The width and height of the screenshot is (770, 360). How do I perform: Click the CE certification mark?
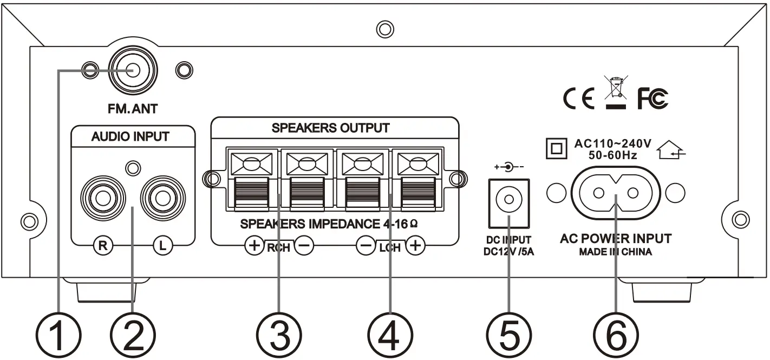pyautogui.click(x=579, y=99)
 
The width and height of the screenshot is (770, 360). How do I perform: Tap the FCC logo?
pyautogui.click(x=652, y=98)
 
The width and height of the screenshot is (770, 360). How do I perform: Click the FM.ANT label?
pyautogui.click(x=132, y=109)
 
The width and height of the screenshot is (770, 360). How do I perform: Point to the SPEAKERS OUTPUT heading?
pyautogui.click(x=330, y=128)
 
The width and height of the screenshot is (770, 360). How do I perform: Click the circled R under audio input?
pyautogui.click(x=102, y=245)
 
